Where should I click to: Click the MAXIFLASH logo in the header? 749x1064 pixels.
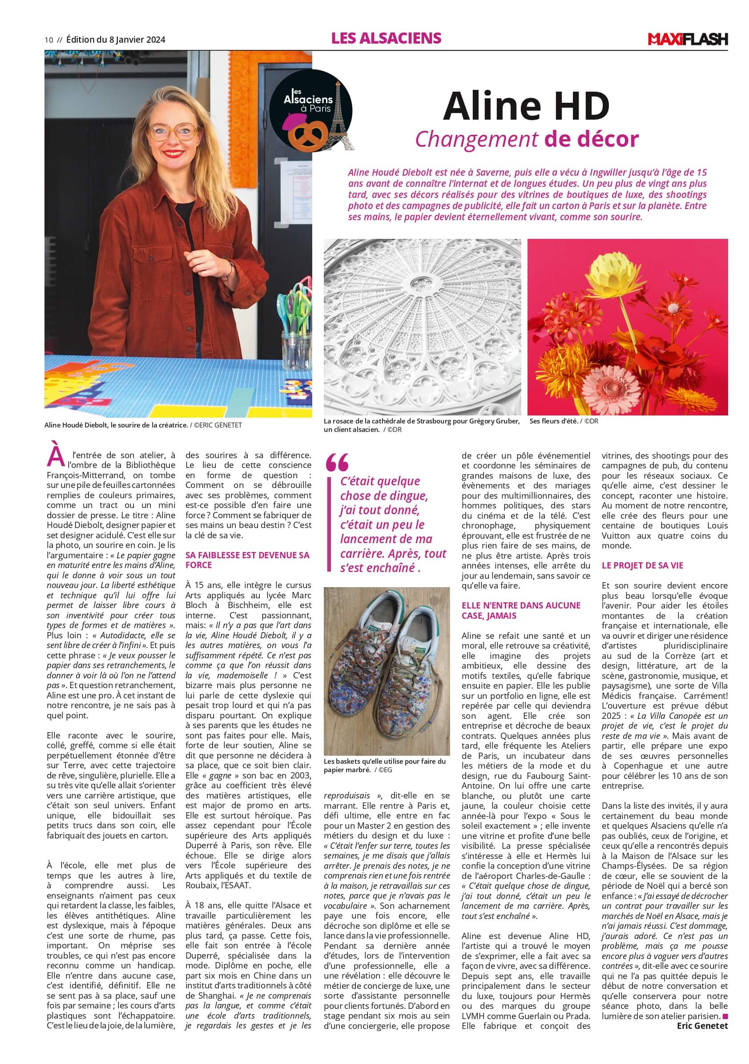[x=687, y=40]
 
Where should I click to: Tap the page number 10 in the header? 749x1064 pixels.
[x=48, y=40]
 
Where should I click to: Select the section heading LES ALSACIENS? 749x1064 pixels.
[x=386, y=38]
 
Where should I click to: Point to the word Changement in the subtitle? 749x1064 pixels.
[x=476, y=139]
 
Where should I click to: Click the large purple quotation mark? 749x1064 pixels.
[x=337, y=462]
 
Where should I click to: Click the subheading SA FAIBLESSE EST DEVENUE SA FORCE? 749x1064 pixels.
[x=247, y=560]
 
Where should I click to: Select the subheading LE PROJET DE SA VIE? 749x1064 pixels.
[x=636, y=565]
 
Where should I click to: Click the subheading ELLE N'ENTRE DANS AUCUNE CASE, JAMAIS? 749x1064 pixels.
[x=521, y=610]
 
